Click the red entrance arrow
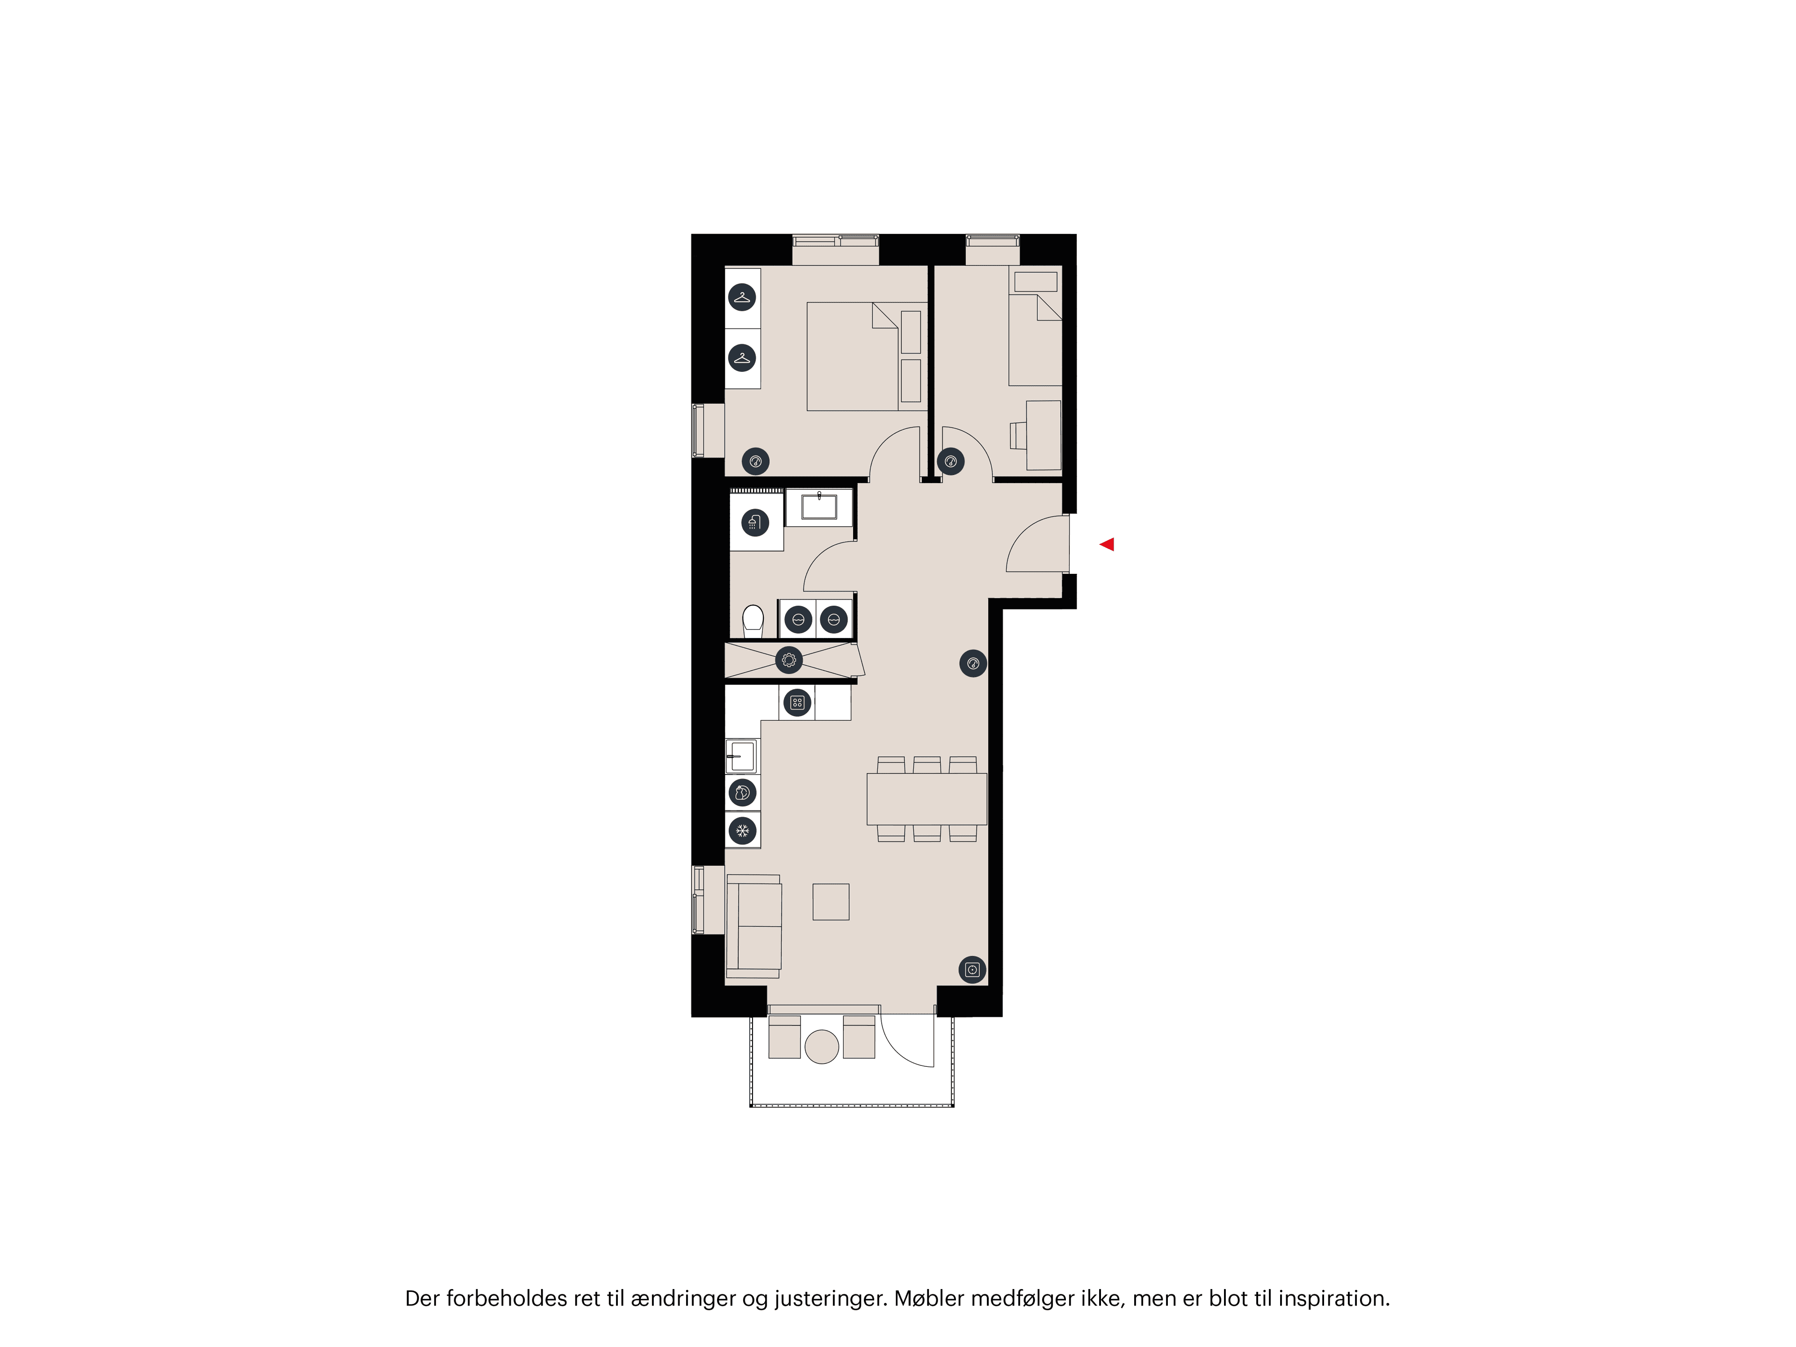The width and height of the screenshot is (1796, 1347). point(1107,545)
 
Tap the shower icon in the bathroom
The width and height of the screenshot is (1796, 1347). point(755,523)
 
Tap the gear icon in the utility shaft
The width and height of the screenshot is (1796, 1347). point(789,660)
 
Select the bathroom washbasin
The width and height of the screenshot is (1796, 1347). point(819,507)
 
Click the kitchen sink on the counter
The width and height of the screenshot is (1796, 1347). point(741,756)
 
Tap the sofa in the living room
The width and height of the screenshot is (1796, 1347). point(754,926)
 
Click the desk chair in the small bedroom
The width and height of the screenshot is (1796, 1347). point(1017,435)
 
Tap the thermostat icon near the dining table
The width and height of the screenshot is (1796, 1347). point(973,663)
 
